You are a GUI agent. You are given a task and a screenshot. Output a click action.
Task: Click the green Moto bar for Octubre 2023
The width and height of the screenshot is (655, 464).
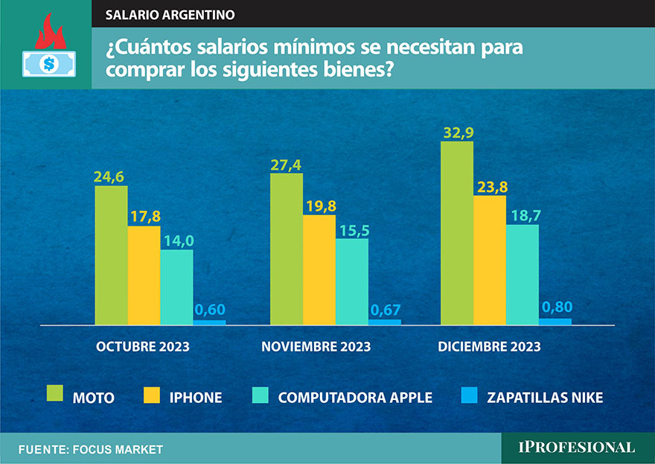click(x=111, y=255)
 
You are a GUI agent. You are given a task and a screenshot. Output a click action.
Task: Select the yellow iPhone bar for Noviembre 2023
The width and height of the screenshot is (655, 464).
click(x=319, y=270)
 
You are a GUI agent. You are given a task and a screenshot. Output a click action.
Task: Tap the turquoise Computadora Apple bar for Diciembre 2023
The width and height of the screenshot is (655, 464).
click(x=523, y=275)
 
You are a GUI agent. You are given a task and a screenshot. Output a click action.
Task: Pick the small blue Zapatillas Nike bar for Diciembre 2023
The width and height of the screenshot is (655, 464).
click(x=555, y=322)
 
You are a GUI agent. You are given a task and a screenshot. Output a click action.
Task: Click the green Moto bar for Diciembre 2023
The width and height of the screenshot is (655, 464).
click(x=457, y=233)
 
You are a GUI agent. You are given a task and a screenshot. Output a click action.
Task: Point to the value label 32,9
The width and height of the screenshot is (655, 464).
click(x=457, y=132)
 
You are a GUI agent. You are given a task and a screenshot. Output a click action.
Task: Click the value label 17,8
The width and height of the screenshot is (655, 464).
click(x=144, y=217)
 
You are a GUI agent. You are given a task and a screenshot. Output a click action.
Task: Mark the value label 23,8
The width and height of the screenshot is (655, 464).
click(x=491, y=186)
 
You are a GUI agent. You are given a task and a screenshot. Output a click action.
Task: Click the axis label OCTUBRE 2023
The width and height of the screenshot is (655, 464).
click(x=142, y=347)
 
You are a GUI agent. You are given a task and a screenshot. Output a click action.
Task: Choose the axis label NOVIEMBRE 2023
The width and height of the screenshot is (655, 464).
click(x=316, y=347)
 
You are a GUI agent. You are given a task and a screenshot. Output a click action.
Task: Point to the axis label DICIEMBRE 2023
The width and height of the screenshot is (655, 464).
click(x=489, y=347)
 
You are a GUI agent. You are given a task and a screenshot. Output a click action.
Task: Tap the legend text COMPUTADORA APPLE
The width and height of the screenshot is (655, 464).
click(x=355, y=397)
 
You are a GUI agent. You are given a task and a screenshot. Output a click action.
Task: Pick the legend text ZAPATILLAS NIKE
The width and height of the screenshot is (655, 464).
click(x=545, y=397)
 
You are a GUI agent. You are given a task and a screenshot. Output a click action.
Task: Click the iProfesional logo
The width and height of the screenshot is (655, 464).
click(x=577, y=447)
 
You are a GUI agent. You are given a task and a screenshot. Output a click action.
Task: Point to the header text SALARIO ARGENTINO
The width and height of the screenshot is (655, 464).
click(x=170, y=14)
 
